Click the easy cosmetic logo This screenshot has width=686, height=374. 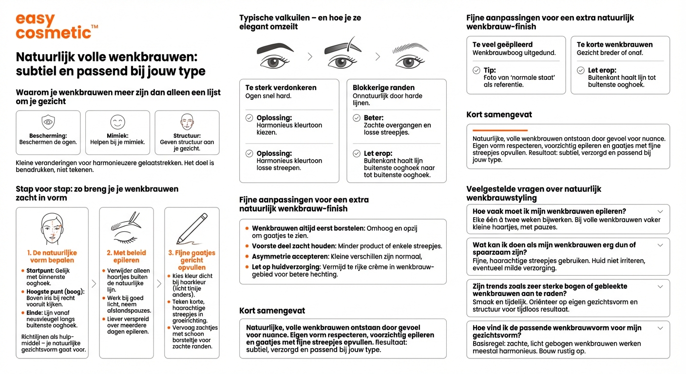54,27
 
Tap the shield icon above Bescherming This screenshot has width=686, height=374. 48,122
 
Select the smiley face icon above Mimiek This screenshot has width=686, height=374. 117,122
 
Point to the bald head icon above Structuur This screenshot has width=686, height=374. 187,122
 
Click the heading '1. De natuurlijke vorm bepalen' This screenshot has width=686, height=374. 52,257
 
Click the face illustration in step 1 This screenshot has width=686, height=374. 52,228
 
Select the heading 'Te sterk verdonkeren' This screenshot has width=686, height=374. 281,88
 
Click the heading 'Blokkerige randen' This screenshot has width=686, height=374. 383,88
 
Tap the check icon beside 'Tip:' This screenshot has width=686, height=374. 476,71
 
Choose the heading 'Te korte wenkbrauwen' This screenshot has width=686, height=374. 614,44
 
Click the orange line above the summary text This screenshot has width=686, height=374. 500,131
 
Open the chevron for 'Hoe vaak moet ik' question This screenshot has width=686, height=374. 660,211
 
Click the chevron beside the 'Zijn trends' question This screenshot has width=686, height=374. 660,286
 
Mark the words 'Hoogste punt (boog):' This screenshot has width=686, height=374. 56,292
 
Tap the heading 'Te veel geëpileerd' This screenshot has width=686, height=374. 502,44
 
